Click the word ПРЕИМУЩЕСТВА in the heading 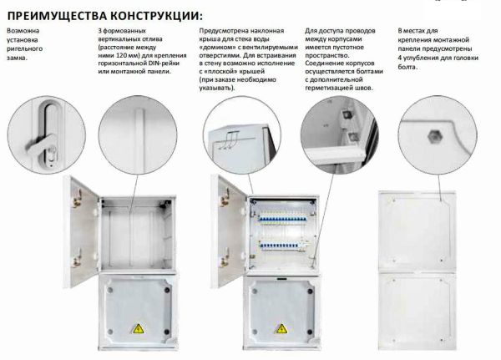tap(57, 16)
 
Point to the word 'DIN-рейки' tap(164, 63)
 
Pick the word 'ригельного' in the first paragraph tap(24, 49)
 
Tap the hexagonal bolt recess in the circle tap(434, 136)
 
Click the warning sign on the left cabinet tap(139, 328)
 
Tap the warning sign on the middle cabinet tap(281, 328)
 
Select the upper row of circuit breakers tap(283, 217)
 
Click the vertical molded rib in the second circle tap(139, 140)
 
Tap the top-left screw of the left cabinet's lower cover tap(110, 291)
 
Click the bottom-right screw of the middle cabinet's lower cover tap(309, 332)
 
